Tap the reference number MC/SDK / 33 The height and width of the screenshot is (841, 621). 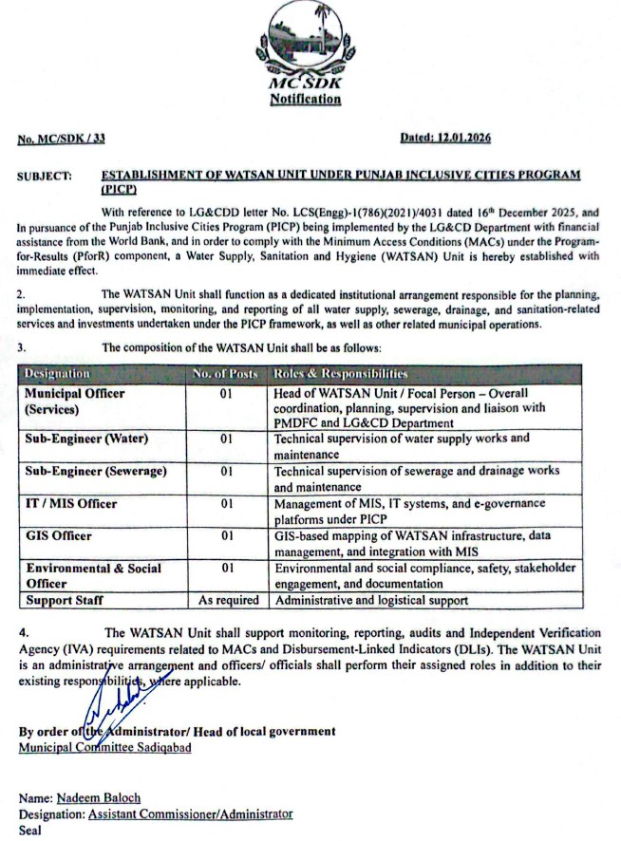(x=62, y=139)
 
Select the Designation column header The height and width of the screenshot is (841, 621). (x=57, y=375)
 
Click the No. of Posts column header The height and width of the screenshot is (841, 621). (x=225, y=375)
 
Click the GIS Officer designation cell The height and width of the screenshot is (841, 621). (x=59, y=536)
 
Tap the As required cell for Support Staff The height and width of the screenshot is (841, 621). (x=228, y=600)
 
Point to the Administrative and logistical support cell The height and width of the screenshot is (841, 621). (x=370, y=600)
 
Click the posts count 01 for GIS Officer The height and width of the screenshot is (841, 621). (x=227, y=536)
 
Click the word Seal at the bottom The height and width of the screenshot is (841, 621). (x=30, y=829)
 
